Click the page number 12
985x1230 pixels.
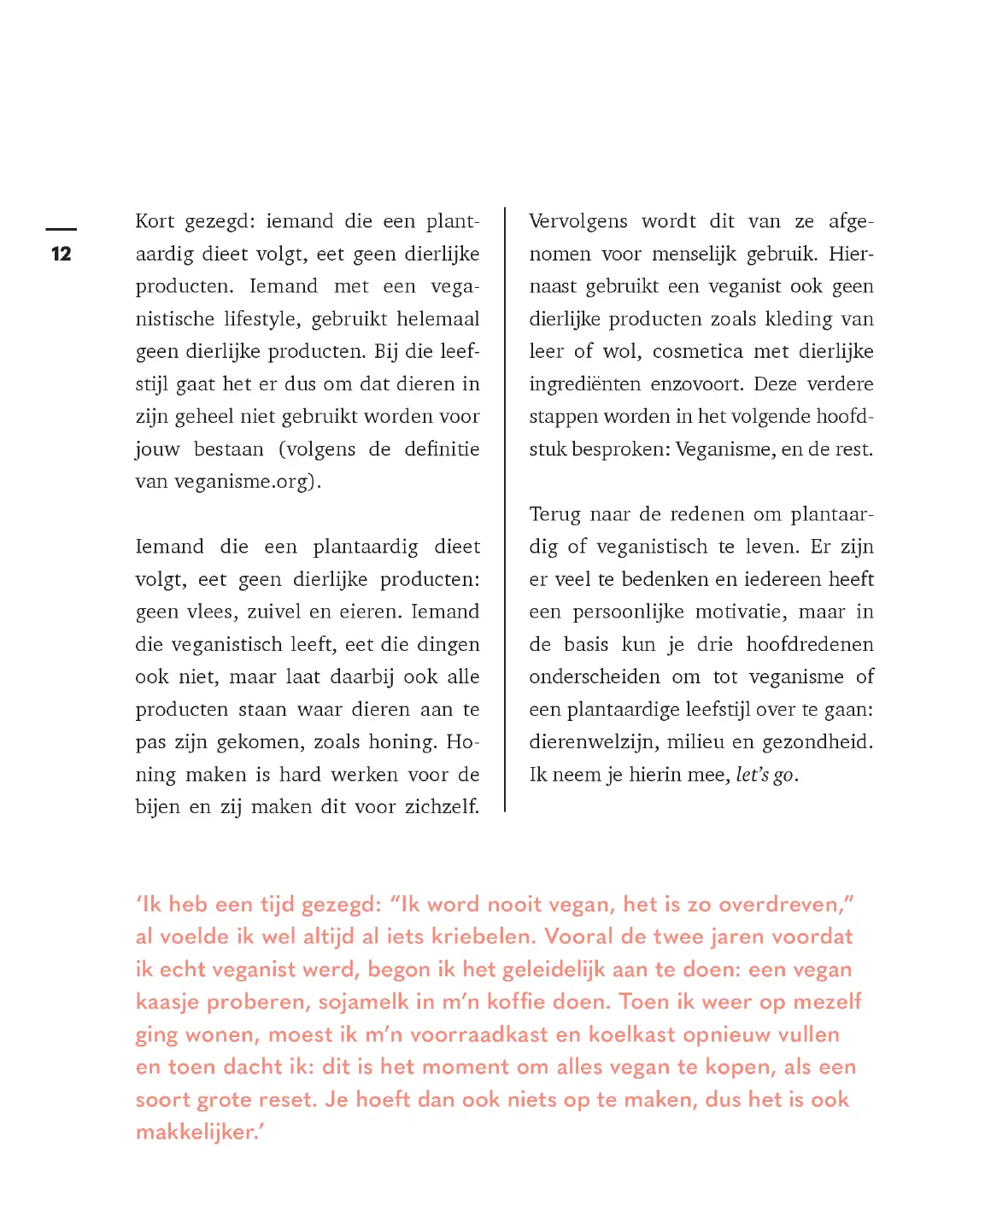[61, 254]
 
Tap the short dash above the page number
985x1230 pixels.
[61, 229]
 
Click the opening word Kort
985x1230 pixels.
[155, 221]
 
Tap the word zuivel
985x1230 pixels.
[274, 612]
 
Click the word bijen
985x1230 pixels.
[157, 807]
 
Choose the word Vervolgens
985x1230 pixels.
[578, 222]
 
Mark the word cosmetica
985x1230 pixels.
[697, 352]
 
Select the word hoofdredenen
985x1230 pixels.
[810, 645]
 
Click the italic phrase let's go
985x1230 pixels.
[765, 775]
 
